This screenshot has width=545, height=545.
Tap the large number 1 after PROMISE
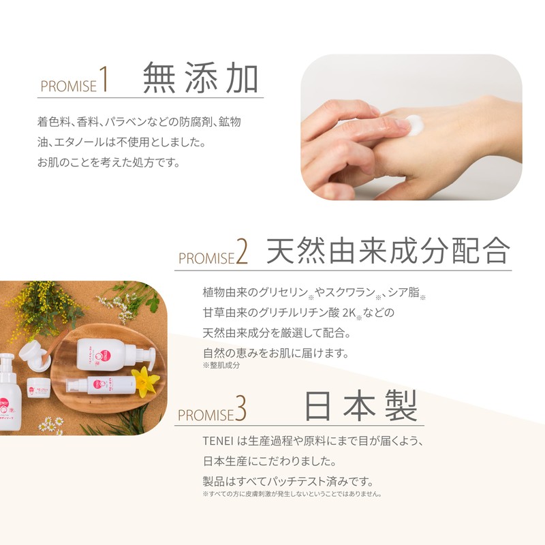pos(104,79)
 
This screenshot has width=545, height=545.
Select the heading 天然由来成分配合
pos(388,251)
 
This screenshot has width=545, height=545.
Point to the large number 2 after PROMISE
pos(242,253)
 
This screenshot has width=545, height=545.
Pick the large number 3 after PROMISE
pos(240,411)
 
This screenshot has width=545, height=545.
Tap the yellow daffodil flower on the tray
pos(144,380)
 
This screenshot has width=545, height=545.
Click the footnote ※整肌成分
pos(221,366)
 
